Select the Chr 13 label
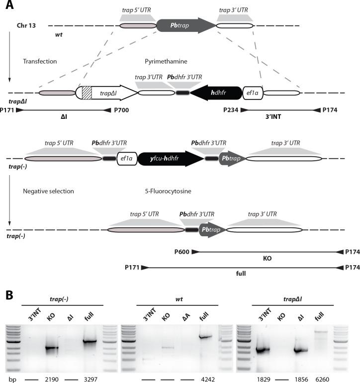tap(26, 25)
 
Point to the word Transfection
tap(40, 61)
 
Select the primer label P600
tap(182, 252)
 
